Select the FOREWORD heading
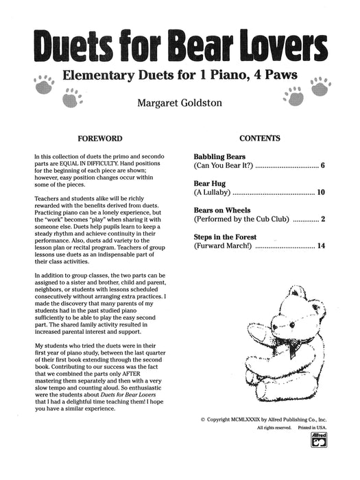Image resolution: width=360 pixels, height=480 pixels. [x=100, y=138]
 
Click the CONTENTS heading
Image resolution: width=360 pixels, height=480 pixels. [x=260, y=138]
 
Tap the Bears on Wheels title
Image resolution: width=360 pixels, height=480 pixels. [x=222, y=210]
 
